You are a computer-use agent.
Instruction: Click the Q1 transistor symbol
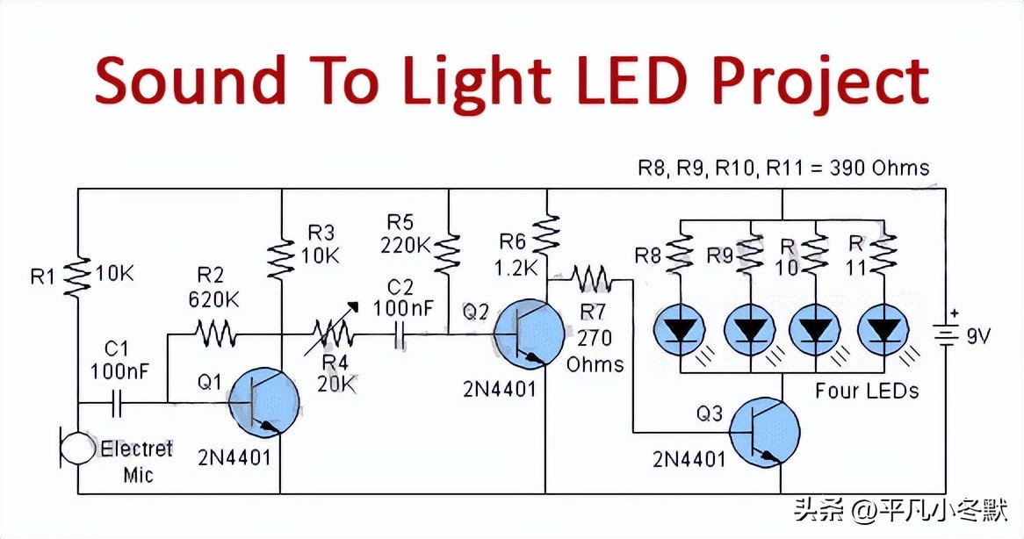pos(263,403)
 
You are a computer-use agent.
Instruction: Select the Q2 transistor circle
pos(529,334)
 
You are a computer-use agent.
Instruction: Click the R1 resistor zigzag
pos(77,275)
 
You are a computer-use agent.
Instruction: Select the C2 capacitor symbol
pos(400,334)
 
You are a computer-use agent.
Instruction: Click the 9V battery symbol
pos(946,335)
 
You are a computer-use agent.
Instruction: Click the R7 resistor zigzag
pos(593,280)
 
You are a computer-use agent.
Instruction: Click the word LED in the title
pos(627,81)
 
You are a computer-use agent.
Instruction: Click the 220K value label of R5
pos(405,245)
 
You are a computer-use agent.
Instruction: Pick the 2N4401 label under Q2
pos(499,389)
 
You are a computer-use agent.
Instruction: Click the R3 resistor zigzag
pos(280,257)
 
